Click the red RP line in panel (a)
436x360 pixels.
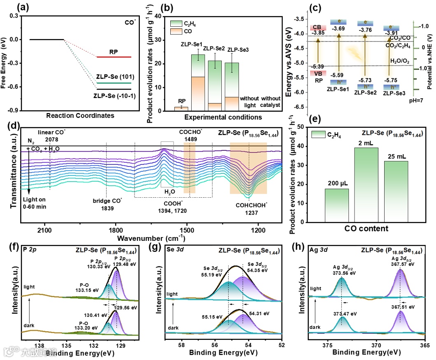click(114, 57)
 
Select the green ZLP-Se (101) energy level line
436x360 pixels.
click(114, 83)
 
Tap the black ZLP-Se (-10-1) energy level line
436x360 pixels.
click(114, 89)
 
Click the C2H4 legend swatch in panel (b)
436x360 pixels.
click(177, 23)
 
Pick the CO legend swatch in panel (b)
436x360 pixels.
click(177, 31)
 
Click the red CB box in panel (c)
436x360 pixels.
click(317, 28)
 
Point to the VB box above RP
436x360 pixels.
click(318, 73)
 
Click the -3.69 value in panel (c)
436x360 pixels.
click(339, 28)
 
